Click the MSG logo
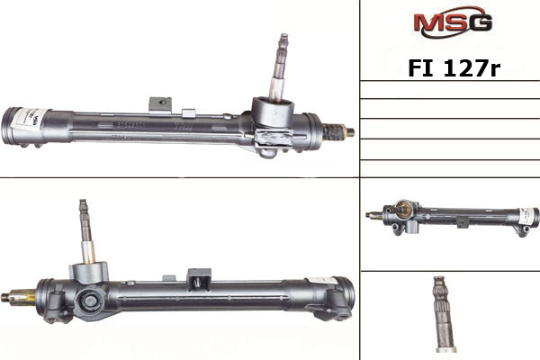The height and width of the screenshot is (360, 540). point(453,22)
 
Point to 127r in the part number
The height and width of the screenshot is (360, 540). point(472,68)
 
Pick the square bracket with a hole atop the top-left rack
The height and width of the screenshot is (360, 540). point(160,104)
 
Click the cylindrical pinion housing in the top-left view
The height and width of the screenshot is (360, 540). point(273,112)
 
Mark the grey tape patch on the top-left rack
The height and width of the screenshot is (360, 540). point(272,137)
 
